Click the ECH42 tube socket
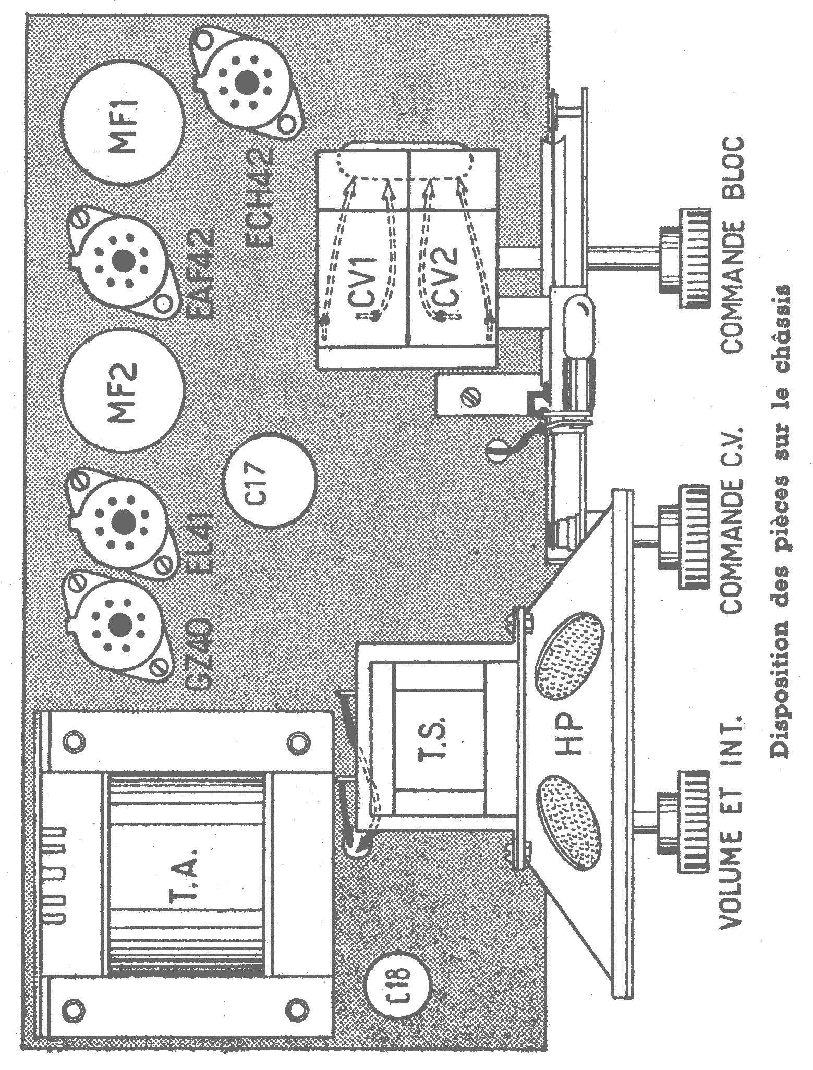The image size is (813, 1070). point(244,81)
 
